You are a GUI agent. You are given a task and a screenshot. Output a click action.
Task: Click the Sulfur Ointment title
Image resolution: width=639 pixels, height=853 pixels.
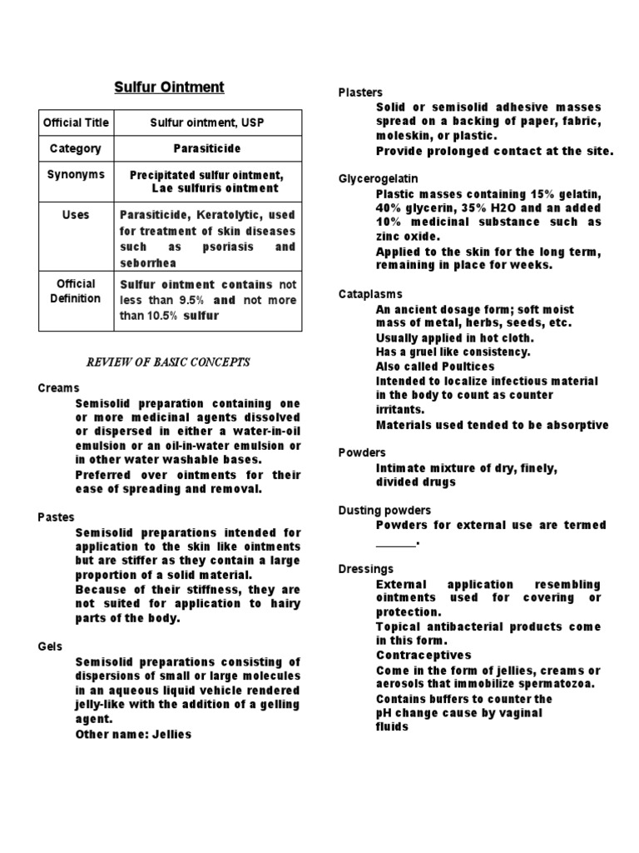[x=168, y=87]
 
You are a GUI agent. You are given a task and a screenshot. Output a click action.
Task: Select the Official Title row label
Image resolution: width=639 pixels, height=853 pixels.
[x=76, y=122]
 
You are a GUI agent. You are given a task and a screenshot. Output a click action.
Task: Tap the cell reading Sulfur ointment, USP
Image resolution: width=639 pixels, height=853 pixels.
[x=206, y=122]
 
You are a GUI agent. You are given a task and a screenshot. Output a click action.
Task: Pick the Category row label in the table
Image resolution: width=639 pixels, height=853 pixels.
[x=75, y=148]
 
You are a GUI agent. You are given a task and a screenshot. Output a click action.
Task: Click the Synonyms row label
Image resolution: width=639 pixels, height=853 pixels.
[x=76, y=174]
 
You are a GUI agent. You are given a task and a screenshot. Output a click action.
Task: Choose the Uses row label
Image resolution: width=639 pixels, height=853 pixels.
[x=76, y=215]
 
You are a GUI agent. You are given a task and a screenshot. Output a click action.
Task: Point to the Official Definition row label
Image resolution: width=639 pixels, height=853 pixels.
[x=76, y=291]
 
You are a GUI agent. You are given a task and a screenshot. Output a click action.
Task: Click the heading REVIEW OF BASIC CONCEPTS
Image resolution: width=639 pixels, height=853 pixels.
[x=168, y=362]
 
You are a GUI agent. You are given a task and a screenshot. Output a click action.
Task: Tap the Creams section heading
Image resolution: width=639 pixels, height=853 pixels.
[x=58, y=388]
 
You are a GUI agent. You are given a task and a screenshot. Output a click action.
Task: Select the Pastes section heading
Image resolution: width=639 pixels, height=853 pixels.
[x=57, y=517]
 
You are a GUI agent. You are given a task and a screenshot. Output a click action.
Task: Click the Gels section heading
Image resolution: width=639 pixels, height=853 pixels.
[x=51, y=646]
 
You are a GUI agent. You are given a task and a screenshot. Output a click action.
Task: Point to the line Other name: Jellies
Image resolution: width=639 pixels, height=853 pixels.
[x=133, y=735]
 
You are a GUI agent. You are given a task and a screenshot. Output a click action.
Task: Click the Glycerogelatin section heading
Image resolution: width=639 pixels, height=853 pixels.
[x=378, y=179]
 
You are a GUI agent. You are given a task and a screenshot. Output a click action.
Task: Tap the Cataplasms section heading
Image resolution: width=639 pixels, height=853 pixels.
[x=370, y=294]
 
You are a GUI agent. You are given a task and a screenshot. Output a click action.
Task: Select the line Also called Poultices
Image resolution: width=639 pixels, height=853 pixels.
[x=435, y=367]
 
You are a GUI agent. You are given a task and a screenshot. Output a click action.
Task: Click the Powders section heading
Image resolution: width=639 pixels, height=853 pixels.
[x=362, y=452]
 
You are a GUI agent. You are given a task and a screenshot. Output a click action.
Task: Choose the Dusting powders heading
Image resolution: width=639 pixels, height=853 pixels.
[x=384, y=510]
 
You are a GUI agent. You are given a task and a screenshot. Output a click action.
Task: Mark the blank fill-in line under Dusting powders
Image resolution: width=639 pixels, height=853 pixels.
[x=396, y=545]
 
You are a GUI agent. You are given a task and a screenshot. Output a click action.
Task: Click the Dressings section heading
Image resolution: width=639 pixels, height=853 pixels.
[x=365, y=569]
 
